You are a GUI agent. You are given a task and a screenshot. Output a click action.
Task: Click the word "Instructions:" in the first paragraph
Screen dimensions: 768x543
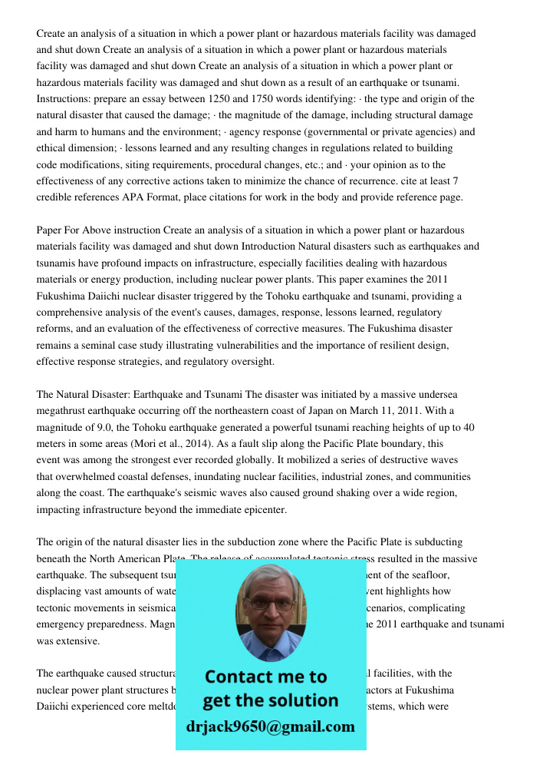click(x=64, y=100)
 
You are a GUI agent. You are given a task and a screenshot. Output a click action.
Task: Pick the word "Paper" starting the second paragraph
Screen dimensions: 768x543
click(x=50, y=230)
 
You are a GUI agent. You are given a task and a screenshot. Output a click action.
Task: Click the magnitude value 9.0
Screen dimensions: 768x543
click(x=107, y=428)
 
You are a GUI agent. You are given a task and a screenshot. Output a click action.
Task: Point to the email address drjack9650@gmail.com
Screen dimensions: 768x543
click(x=270, y=727)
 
